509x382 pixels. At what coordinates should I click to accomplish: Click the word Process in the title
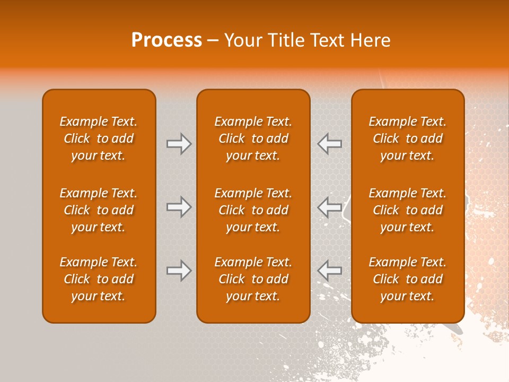[x=166, y=40]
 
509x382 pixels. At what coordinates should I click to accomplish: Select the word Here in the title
[x=372, y=40]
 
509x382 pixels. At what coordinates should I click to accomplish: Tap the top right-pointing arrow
[x=179, y=144]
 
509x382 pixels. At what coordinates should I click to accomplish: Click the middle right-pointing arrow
[x=179, y=207]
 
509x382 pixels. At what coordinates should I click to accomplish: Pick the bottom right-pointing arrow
[x=179, y=271]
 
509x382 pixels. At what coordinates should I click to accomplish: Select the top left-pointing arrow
[x=329, y=144]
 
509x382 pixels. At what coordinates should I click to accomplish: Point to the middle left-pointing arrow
[x=329, y=207]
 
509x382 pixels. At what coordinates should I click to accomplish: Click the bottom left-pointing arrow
[x=329, y=271]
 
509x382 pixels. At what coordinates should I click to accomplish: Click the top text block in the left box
[x=99, y=138]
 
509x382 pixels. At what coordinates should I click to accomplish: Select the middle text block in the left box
[x=99, y=210]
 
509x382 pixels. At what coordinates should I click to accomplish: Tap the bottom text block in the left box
[x=99, y=279]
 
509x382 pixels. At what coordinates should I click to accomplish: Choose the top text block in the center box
[x=253, y=138]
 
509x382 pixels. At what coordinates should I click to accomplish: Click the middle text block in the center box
[x=253, y=210]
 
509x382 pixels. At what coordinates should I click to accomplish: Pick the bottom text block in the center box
[x=253, y=279]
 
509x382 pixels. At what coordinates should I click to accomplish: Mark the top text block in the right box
[x=407, y=138]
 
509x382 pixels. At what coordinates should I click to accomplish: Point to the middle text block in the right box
[x=407, y=210]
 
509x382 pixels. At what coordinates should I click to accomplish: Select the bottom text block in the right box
[x=407, y=279]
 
